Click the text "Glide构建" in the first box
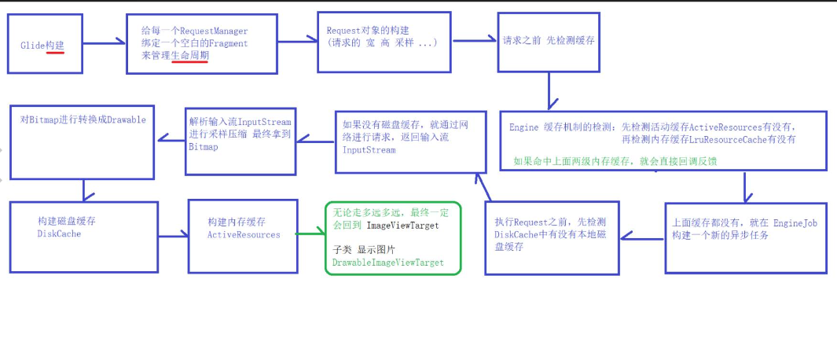42,46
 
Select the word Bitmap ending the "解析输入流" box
204,147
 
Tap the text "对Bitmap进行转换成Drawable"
83,119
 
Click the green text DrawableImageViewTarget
387,263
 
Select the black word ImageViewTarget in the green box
403,226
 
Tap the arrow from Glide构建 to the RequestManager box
105,44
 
